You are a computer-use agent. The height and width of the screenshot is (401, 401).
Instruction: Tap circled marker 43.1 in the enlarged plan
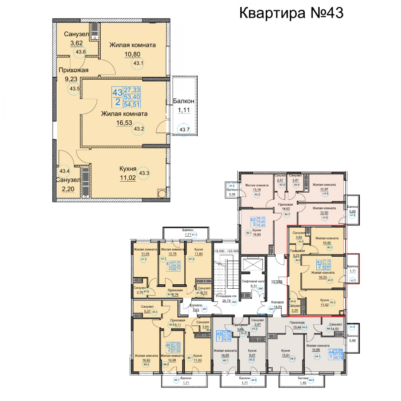[x=139, y=63]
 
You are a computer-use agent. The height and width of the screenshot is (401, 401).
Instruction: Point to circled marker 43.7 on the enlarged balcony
[x=184, y=129]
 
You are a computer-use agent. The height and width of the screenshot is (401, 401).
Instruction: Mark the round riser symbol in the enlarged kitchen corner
[x=162, y=194]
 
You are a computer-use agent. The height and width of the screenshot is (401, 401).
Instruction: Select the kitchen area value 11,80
[x=193, y=253]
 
